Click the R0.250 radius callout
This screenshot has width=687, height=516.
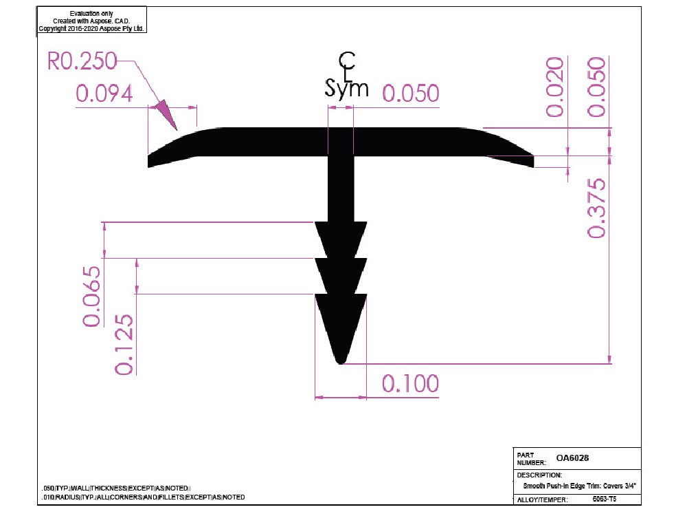coord(82,61)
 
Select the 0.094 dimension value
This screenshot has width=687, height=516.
coord(104,94)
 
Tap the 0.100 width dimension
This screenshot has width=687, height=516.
coord(410,383)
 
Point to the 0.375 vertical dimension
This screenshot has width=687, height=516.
coord(597,208)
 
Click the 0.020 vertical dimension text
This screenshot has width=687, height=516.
coord(554,87)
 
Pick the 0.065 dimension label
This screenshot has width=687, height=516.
coord(91,296)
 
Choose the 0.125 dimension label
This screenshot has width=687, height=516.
coord(124,345)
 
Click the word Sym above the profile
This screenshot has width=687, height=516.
coord(346,89)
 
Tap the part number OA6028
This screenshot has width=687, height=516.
coord(572,458)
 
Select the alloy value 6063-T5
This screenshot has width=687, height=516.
coord(604,499)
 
